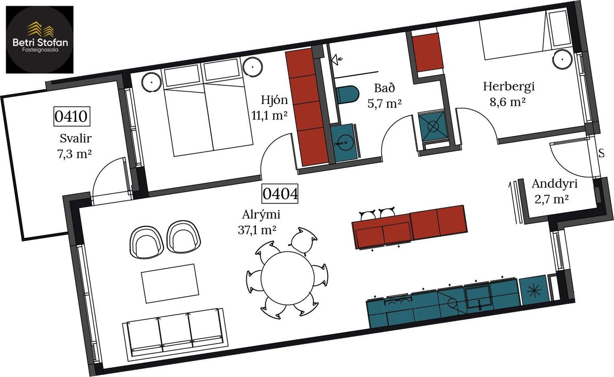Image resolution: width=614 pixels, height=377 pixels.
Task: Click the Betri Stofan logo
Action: tap(40, 40)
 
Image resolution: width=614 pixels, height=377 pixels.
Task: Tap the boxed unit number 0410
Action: tap(72, 117)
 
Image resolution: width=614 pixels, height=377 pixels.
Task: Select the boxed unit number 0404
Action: tap(280, 194)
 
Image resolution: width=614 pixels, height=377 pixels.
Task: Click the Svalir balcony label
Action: tap(76, 139)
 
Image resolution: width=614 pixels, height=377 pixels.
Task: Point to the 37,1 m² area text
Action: tap(257, 230)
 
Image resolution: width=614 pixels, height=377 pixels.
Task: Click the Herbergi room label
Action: tap(509, 87)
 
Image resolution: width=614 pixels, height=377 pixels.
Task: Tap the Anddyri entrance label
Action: tap(554, 183)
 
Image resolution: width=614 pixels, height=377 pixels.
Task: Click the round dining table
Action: tap(288, 278)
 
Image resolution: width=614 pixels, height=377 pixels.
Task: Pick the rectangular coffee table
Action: tap(170, 284)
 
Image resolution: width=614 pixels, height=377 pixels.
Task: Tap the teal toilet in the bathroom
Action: tap(348, 95)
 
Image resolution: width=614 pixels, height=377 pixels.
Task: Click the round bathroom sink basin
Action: tap(344, 143)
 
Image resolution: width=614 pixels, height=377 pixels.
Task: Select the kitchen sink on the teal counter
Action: tap(478, 296)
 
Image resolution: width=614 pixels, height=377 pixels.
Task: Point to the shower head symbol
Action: tap(337, 59)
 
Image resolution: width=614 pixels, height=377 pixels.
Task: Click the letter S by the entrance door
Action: tap(601, 153)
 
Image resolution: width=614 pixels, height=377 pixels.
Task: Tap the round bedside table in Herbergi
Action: tap(562, 60)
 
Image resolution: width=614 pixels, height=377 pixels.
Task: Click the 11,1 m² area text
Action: tap(269, 116)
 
